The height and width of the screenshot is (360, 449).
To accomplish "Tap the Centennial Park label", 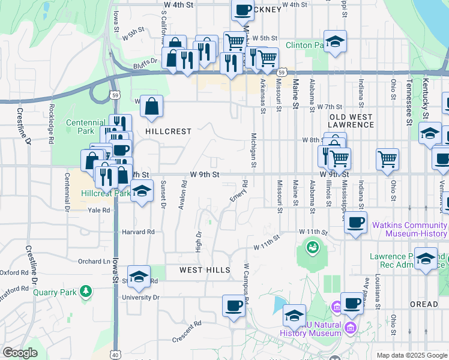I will pyautogui.click(x=80, y=126).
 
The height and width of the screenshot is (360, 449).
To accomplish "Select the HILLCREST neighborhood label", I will pyautogui.click(x=168, y=131).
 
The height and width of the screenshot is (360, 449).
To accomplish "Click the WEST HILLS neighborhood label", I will pyautogui.click(x=205, y=270).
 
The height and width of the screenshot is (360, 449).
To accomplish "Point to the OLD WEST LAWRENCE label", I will pyautogui.click(x=352, y=120).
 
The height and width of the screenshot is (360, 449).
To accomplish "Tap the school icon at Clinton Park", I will pyautogui.click(x=336, y=42).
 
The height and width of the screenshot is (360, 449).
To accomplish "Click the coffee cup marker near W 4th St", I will pyautogui.click(x=242, y=10).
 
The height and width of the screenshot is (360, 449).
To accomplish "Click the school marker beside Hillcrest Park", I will pyautogui.click(x=142, y=191).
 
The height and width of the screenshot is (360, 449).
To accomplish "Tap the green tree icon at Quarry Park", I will pyautogui.click(x=87, y=292).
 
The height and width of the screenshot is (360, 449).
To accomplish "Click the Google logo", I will pyautogui.click(x=20, y=352).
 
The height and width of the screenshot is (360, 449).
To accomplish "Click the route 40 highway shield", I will pyautogui.click(x=115, y=355).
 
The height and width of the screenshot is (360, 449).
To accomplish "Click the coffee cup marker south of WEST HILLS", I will pyautogui.click(x=234, y=305).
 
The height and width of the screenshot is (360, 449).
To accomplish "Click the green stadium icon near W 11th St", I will pyautogui.click(x=312, y=245).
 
